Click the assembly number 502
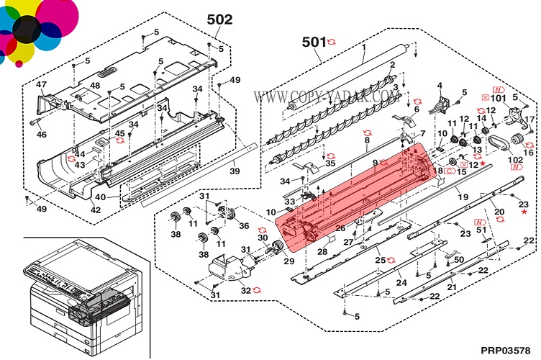pyautogui.click(x=219, y=19)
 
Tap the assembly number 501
pyautogui.click(x=314, y=42)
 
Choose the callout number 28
pyautogui.click(x=322, y=251)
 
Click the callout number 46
pyautogui.click(x=41, y=134)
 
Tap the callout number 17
pyautogui.click(x=529, y=119)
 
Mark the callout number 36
pyautogui.click(x=244, y=225)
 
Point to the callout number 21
pyautogui.click(x=452, y=287)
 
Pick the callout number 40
pyautogui.click(x=101, y=197)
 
